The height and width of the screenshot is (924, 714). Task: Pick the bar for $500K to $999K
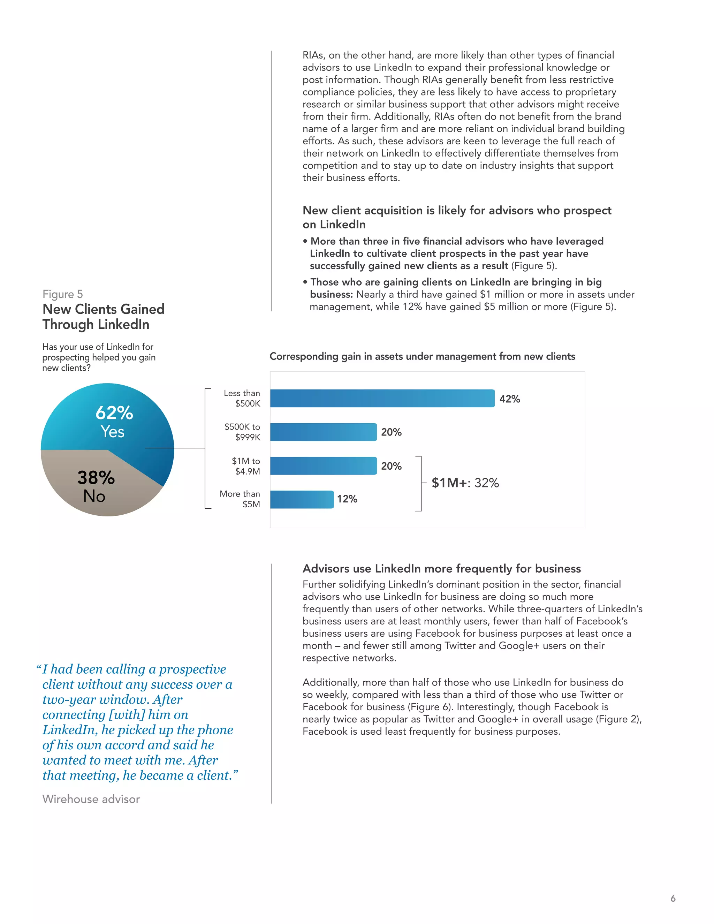coord(323,432)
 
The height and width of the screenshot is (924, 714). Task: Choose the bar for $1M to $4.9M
coord(323,466)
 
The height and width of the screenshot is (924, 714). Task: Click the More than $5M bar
coord(302,499)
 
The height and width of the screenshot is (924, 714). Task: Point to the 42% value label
coord(510,399)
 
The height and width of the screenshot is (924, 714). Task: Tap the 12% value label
coord(347,499)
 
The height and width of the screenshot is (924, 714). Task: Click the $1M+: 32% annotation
coord(465,483)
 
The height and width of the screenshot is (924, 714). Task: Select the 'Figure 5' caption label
coord(63,294)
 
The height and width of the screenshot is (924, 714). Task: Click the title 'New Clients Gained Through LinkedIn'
coord(103,317)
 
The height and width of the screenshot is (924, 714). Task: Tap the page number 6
coord(673,898)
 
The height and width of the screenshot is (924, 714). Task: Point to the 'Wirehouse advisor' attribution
coord(91,799)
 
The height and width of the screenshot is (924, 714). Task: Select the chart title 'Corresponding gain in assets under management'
coord(422,356)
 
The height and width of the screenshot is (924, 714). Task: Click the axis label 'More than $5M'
coord(240,499)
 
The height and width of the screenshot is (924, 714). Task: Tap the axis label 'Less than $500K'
coord(242,398)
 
